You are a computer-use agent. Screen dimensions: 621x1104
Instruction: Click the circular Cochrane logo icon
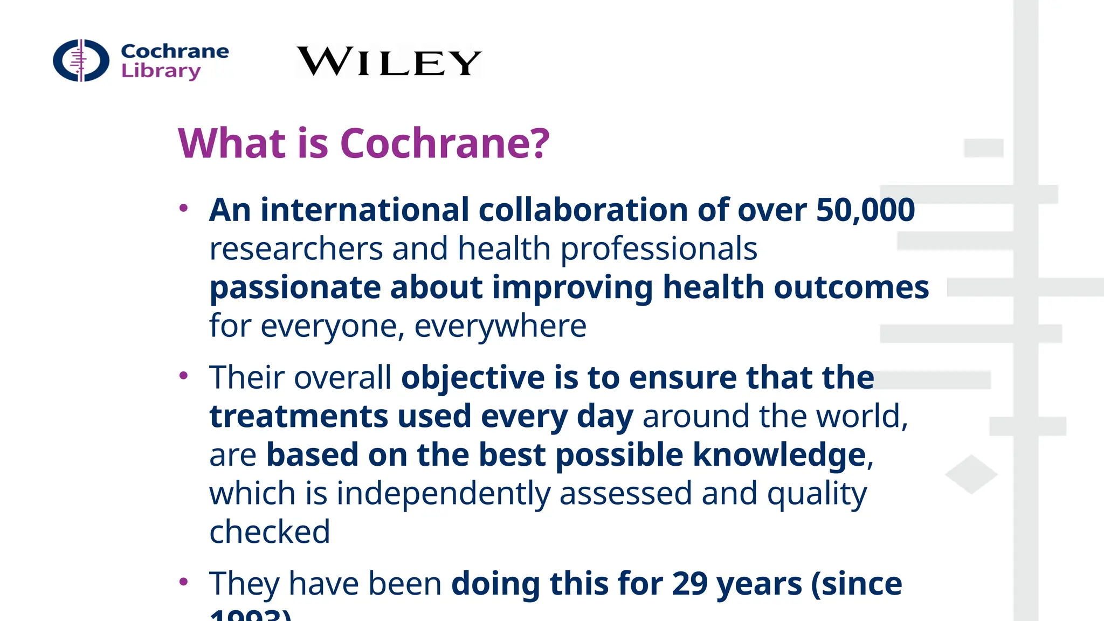click(81, 60)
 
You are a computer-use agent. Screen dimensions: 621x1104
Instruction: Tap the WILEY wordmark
click(389, 61)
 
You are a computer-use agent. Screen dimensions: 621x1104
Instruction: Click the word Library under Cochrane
click(161, 71)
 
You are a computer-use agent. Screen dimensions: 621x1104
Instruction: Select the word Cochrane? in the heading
click(445, 144)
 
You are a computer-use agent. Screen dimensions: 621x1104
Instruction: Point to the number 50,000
click(865, 210)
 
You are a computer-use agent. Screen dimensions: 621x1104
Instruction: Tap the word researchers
click(296, 249)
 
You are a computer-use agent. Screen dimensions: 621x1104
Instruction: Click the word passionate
click(295, 288)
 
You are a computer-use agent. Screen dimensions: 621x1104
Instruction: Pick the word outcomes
click(851, 287)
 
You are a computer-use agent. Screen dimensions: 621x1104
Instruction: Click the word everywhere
click(500, 327)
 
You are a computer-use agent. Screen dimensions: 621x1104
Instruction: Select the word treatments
click(299, 417)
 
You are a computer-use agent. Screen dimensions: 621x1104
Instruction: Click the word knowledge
click(779, 456)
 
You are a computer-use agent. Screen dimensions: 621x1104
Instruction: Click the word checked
click(270, 533)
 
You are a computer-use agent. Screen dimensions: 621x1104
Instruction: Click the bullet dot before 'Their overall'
click(184, 376)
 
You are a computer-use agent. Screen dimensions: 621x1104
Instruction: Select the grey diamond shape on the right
click(971, 474)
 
